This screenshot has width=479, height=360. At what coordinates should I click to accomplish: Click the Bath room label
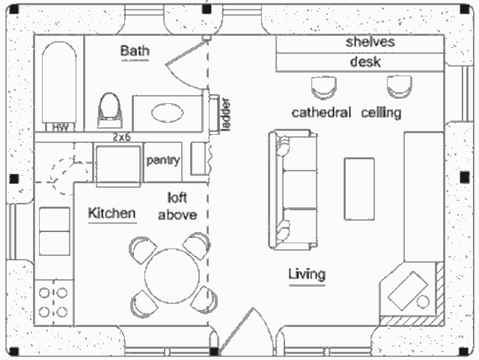click(x=135, y=52)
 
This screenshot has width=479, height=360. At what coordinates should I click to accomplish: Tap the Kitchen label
click(x=112, y=213)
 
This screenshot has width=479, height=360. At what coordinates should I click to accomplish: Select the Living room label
click(x=307, y=274)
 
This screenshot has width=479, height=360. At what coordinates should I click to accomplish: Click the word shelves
click(x=370, y=42)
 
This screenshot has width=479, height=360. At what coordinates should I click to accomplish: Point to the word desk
click(x=366, y=62)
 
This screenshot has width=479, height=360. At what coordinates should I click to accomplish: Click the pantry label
click(x=163, y=160)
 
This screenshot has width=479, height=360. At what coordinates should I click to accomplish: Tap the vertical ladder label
click(x=225, y=114)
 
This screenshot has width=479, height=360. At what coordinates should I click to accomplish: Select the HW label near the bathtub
click(x=61, y=128)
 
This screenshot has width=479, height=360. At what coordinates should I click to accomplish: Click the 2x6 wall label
click(x=122, y=138)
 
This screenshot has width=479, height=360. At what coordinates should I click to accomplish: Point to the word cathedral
click(x=321, y=113)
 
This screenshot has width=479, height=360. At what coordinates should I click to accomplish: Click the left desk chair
click(x=324, y=87)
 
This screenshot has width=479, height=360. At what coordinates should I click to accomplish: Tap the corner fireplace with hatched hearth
click(x=411, y=294)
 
